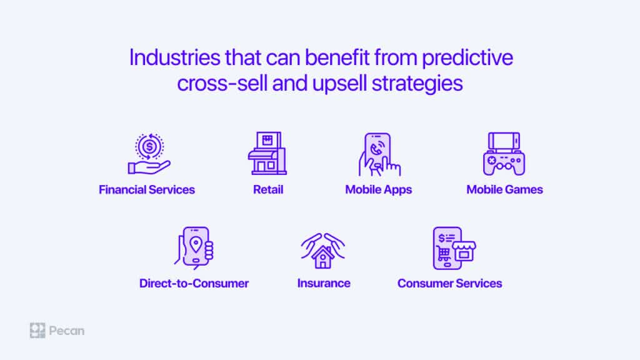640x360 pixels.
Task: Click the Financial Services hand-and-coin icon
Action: (x=149, y=154)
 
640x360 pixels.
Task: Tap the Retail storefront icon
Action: (x=267, y=154)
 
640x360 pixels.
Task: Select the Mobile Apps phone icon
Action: (x=379, y=154)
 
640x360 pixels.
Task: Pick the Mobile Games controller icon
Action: (x=504, y=154)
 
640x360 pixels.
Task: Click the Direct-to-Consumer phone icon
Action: (x=194, y=248)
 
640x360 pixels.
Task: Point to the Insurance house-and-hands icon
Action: (x=323, y=251)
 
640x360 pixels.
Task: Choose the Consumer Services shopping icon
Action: (x=454, y=248)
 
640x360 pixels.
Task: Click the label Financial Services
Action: (x=147, y=190)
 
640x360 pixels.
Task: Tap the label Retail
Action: (x=268, y=190)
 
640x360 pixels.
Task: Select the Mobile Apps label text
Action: (x=379, y=190)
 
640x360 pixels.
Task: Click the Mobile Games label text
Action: (x=505, y=190)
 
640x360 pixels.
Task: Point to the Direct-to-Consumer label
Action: (x=194, y=283)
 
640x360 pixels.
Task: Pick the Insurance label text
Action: (x=324, y=283)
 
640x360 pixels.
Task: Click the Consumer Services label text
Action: (x=450, y=283)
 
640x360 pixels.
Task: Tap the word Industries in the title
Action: (x=175, y=57)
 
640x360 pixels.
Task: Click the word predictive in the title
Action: (x=467, y=58)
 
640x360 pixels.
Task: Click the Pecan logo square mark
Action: (x=37, y=331)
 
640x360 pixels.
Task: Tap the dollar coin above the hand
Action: (x=149, y=146)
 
